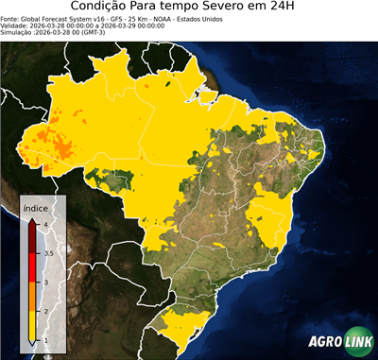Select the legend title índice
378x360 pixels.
36,209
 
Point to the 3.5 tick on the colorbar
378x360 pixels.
48,253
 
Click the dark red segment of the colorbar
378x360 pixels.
33,235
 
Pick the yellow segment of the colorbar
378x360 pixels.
33,326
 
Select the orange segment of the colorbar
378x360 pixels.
33,297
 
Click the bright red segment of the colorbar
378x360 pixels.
33,267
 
